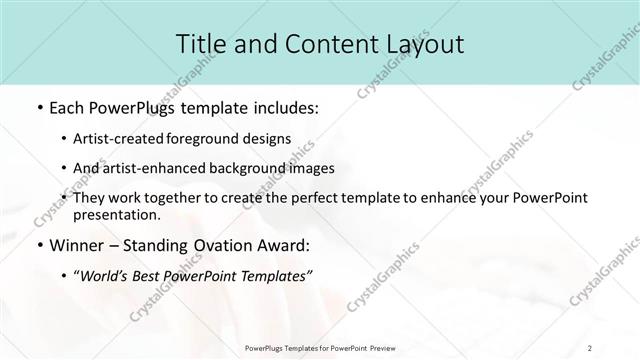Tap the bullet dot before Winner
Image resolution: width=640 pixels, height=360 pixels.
[x=39, y=246]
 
